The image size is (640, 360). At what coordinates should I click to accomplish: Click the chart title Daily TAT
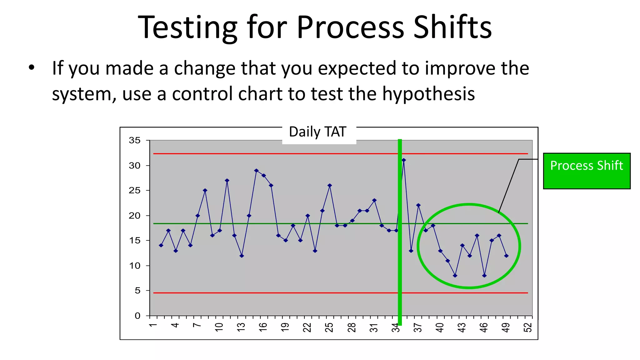tap(317, 132)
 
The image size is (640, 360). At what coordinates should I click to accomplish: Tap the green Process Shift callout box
tap(587, 171)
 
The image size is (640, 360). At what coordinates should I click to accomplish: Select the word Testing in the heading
tap(187, 28)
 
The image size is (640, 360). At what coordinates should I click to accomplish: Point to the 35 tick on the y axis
tap(135, 140)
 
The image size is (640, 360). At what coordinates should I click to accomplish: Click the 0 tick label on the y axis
tap(137, 316)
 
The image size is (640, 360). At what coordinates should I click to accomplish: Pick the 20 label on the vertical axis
tap(135, 216)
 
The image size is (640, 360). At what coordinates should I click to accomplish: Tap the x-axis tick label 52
tap(528, 327)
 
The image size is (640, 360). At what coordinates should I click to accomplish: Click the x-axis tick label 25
tap(329, 327)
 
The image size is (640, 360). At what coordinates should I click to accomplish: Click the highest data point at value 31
tap(404, 160)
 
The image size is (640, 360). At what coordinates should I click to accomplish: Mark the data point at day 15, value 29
tap(256, 171)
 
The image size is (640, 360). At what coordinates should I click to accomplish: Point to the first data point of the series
tap(161, 245)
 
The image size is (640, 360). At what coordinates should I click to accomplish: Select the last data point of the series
tap(506, 256)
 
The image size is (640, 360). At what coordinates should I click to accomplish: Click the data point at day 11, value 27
tap(227, 180)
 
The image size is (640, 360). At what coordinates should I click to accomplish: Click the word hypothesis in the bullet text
tap(428, 94)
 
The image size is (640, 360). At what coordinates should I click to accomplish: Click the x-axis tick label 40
tap(440, 327)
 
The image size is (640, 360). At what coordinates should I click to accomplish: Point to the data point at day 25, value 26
tap(330, 185)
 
